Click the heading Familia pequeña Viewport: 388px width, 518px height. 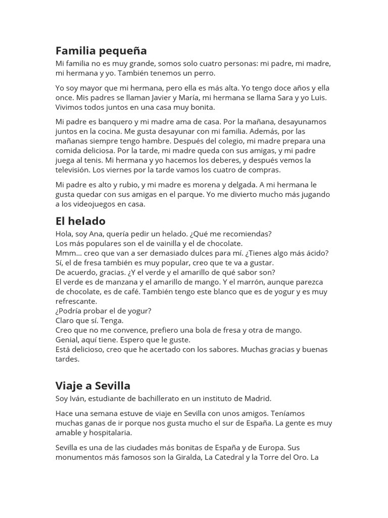pos(101,51)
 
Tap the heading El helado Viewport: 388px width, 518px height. pos(80,221)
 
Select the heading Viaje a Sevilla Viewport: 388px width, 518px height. pos(93,386)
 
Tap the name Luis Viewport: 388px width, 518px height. pos(318,98)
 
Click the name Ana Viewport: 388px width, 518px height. pos(95,234)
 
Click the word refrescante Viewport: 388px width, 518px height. pos(76,301)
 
